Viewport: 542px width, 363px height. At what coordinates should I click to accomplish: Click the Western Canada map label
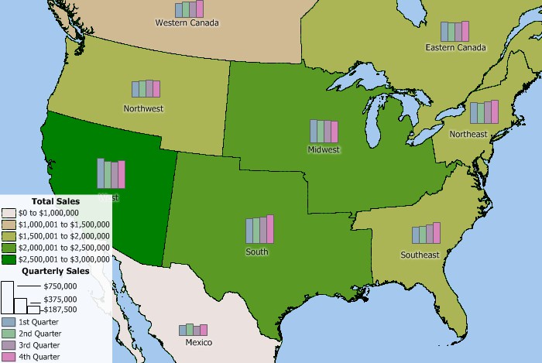point(187,23)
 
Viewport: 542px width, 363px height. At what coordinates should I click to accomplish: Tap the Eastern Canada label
point(455,48)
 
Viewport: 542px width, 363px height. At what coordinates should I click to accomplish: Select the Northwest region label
point(143,109)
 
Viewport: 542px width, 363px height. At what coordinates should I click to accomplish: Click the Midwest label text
point(324,149)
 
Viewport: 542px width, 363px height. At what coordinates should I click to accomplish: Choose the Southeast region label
point(420,255)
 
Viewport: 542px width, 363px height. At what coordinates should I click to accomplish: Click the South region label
point(257,252)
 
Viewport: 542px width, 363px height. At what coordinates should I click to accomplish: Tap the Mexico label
point(199,342)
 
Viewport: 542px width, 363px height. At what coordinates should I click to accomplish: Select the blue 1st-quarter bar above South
point(249,231)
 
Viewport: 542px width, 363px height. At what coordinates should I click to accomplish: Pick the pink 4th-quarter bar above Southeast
point(437,232)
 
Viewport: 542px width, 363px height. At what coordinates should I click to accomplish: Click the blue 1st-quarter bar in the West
point(101,172)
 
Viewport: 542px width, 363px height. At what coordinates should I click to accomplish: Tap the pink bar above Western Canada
point(200,9)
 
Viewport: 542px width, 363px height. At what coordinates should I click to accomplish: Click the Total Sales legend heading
point(55,201)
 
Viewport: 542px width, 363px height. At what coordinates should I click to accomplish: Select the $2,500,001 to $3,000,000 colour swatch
point(9,259)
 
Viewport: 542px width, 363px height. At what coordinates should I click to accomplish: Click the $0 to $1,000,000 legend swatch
point(9,213)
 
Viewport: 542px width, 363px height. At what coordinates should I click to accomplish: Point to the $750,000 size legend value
point(60,286)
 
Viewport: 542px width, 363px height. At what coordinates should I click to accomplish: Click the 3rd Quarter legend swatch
point(9,345)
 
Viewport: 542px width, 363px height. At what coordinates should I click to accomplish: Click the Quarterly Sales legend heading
point(55,272)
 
